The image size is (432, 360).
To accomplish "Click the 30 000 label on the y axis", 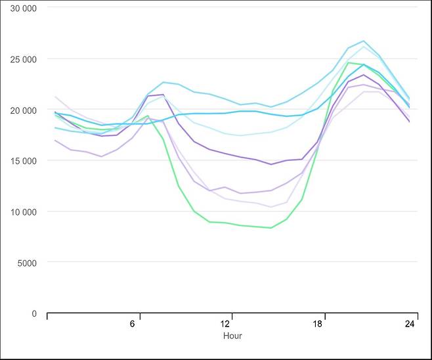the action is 23,9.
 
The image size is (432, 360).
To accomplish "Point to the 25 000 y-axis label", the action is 23,59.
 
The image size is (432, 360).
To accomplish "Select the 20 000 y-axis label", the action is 23,110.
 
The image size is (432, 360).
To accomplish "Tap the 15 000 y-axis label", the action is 23,161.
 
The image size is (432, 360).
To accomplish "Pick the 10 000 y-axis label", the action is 23,212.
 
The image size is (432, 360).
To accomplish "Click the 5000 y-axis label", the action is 27,263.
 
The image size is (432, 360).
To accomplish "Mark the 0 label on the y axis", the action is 34,313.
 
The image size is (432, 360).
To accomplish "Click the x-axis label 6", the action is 132,324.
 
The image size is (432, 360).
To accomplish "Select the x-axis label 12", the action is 225,324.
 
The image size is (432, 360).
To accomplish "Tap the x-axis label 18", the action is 317,324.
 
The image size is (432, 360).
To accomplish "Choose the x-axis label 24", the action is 410,324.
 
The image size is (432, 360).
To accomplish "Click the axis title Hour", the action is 232,336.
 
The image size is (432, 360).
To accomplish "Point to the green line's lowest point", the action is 271,228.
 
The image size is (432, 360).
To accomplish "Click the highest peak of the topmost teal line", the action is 364,41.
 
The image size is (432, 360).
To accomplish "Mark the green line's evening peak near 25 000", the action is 349,63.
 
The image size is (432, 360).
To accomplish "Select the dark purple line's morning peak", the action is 163,95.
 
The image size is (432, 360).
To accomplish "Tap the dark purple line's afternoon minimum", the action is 271,165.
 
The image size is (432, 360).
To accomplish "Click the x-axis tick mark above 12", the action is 232,316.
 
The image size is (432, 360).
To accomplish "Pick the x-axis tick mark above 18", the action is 325,316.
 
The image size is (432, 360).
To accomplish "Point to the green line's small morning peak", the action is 148,116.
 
